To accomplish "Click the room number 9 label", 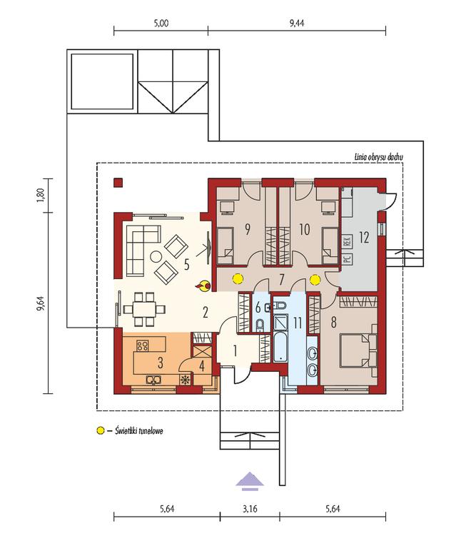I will click(246, 229).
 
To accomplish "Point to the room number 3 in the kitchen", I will click(161, 363).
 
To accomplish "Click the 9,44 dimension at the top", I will click(296, 23).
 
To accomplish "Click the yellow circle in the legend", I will click(99, 431).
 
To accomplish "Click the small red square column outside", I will click(117, 183).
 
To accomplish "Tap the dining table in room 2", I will click(142, 309).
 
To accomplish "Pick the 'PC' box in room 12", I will click(347, 259).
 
